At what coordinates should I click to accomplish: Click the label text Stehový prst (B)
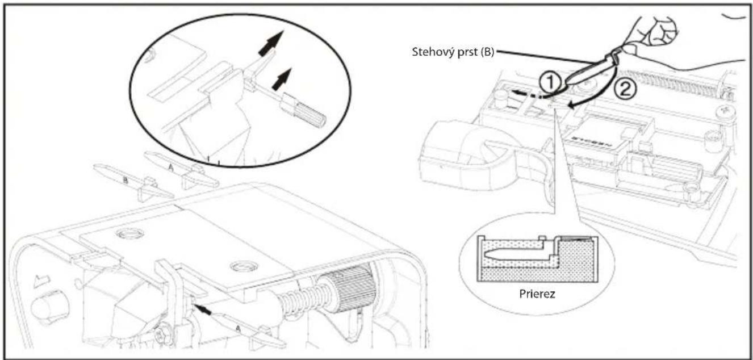453,52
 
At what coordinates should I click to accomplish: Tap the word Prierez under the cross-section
537,294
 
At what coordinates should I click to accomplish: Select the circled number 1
550,82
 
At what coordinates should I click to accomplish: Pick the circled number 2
625,90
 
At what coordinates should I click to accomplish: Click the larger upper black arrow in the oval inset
271,43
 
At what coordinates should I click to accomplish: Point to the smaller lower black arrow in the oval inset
282,79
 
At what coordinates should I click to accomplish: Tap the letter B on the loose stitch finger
125,181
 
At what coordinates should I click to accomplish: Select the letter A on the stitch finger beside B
171,167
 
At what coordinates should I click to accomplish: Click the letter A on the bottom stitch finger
238,328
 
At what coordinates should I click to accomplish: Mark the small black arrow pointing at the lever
203,310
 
